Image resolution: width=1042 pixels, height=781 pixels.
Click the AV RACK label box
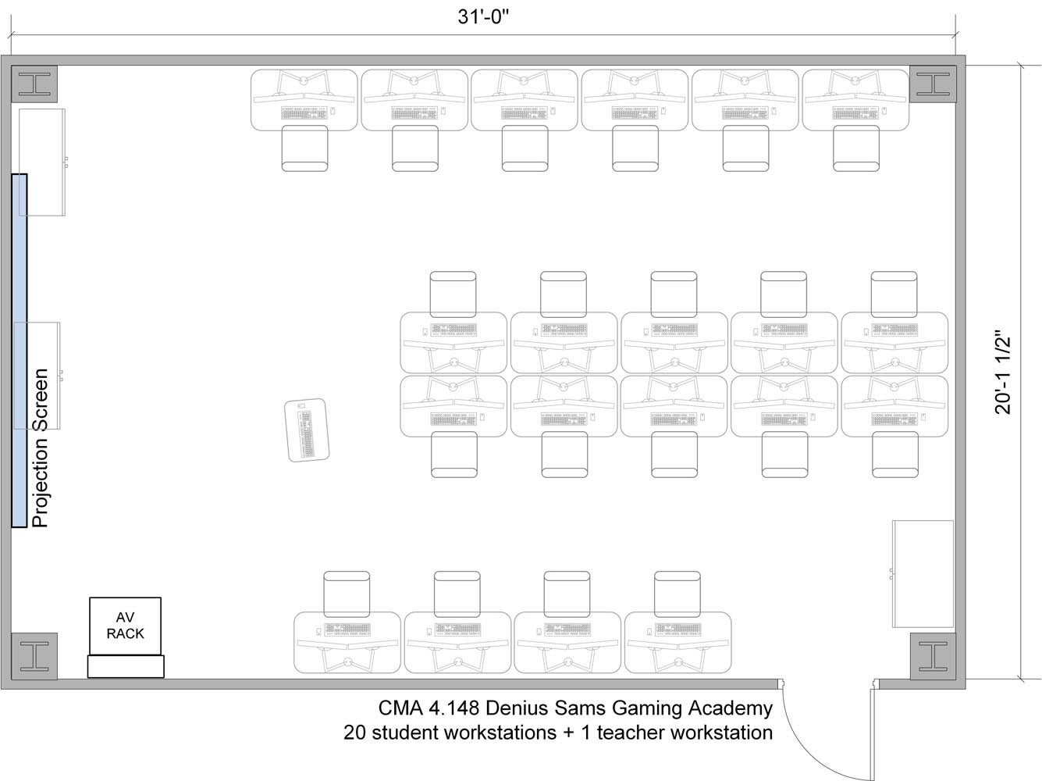pos(126,626)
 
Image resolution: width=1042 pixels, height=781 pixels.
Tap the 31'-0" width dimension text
pos(483,17)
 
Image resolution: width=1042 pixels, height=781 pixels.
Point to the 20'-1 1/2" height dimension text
pos(1002,376)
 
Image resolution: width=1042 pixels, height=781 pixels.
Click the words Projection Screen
pos(41,448)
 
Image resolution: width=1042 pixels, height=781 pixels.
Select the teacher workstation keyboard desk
pos(307,430)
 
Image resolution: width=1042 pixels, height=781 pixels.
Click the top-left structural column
pos(34,84)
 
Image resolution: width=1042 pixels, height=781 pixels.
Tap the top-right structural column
pos(933,84)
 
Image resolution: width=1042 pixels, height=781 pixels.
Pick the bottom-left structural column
pos(34,656)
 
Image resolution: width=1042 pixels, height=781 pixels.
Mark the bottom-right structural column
pos(933,656)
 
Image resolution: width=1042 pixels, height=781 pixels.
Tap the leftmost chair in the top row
pos(304,148)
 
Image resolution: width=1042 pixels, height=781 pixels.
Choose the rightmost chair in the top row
pos(856,148)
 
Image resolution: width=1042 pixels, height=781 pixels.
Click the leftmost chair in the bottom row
pos(347,594)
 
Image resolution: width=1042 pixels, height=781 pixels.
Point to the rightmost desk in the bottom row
pos(678,642)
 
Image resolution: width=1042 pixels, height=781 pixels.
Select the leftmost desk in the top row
pos(304,100)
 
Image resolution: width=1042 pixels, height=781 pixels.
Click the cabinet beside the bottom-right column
pos(923,573)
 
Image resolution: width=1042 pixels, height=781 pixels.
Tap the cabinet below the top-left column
pos(42,162)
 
